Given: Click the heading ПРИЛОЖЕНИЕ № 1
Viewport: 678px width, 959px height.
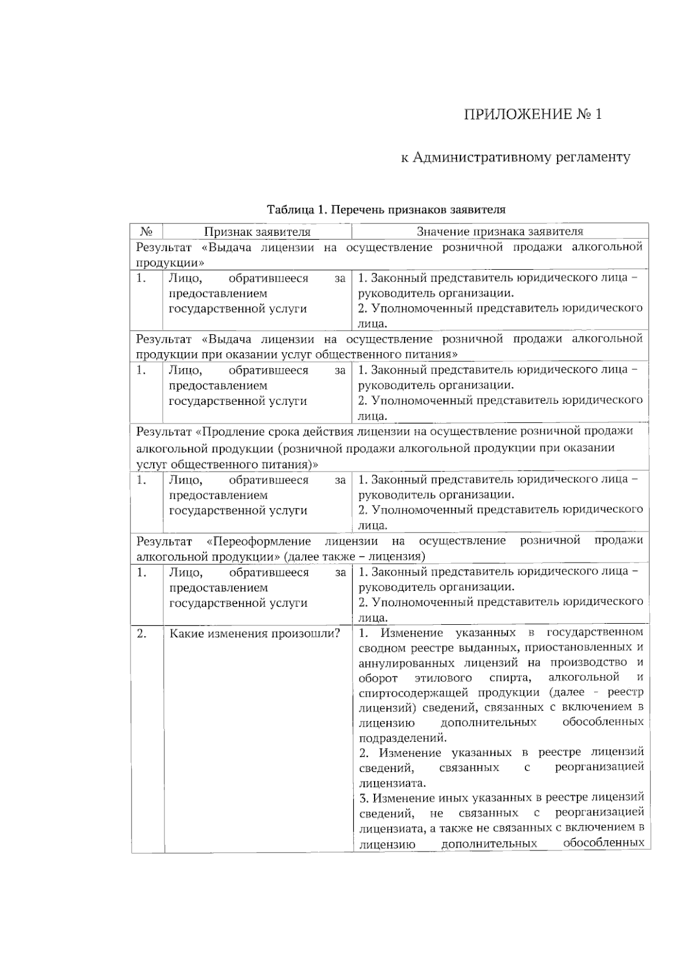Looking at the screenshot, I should [532, 115].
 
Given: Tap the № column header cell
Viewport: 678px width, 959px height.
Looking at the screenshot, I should [146, 231].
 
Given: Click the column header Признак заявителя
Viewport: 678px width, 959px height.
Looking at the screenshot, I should [257, 231].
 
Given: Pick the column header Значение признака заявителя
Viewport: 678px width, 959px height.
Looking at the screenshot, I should [499, 231].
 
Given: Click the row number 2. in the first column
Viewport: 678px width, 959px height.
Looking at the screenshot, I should [142, 633].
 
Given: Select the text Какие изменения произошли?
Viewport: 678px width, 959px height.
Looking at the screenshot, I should [255, 633].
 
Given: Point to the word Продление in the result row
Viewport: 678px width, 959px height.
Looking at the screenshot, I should [227, 432].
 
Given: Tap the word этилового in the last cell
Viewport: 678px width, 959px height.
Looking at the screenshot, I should [446, 678].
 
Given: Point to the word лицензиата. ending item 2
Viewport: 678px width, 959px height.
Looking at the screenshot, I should [392, 784].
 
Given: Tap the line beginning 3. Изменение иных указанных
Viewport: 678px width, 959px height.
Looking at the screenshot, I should [501, 798].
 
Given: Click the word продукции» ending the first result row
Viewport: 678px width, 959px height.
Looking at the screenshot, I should [169, 263].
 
